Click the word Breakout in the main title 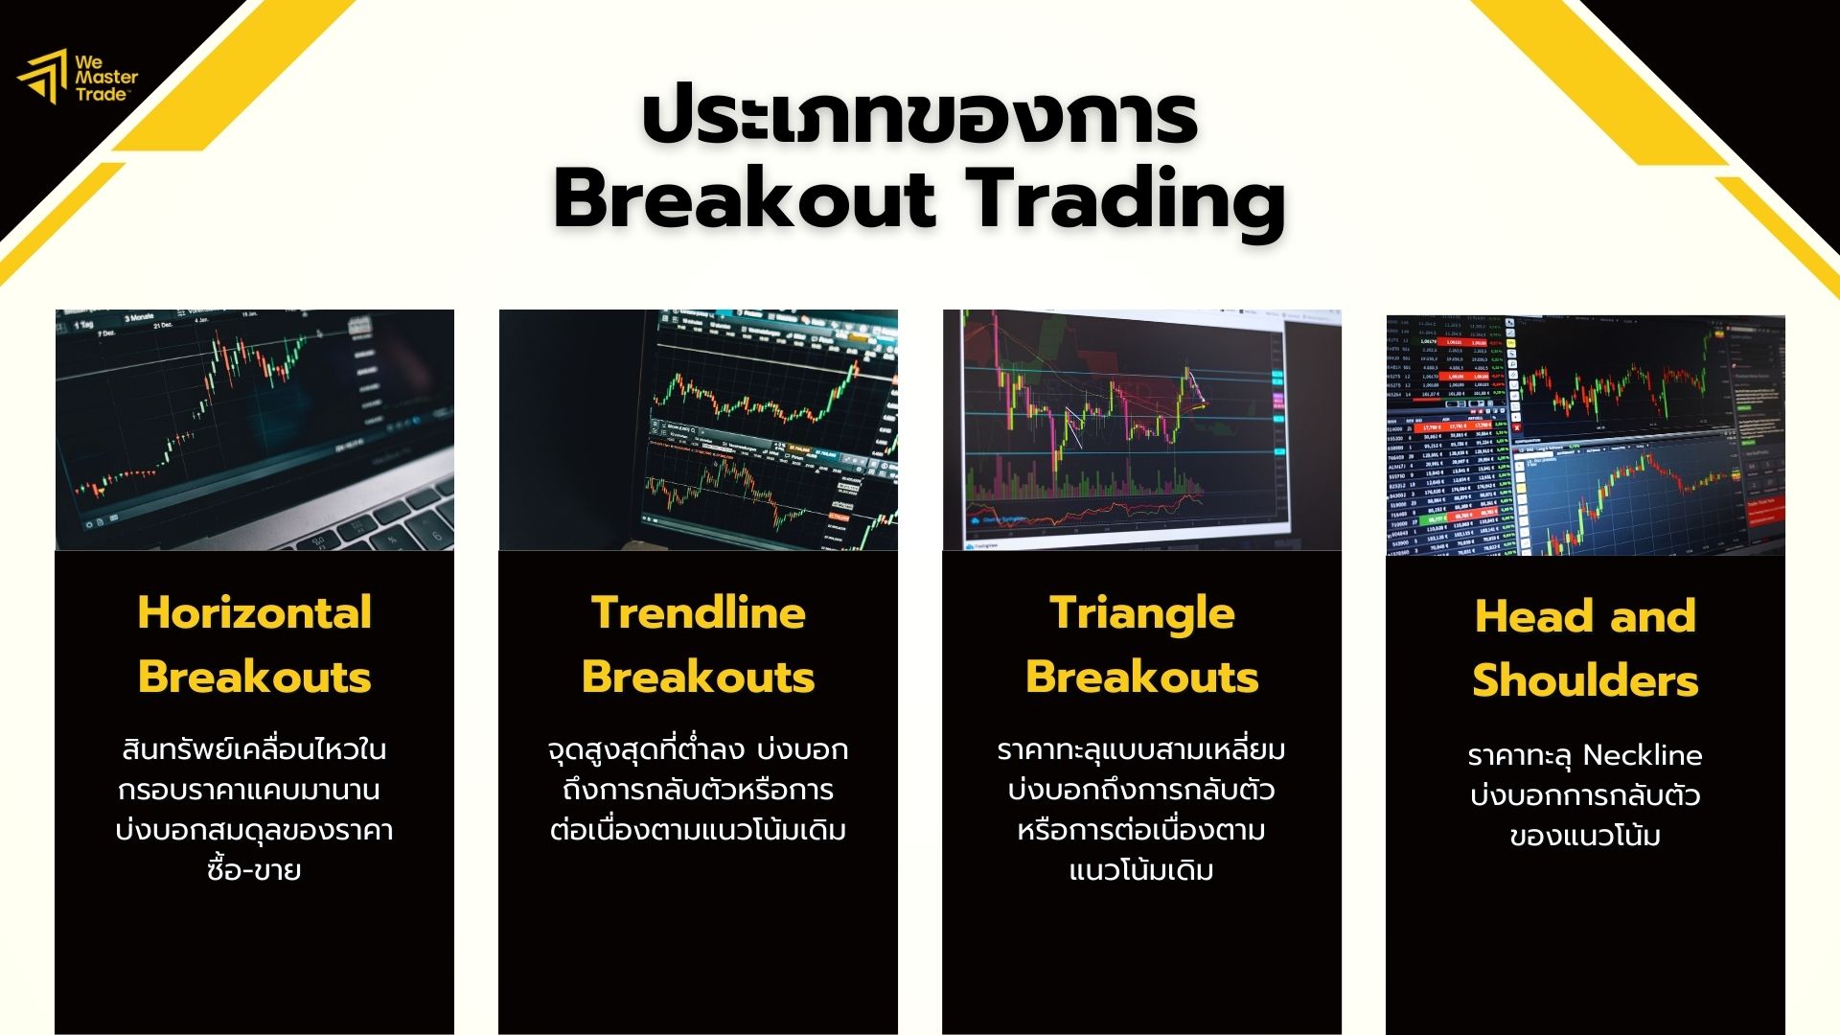click(x=744, y=200)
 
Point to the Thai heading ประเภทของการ click(x=919, y=118)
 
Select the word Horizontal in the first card click(x=254, y=613)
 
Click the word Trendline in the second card click(x=698, y=613)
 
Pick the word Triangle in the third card click(x=1141, y=613)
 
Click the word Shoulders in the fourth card click(x=1585, y=680)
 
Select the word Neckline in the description click(x=1642, y=755)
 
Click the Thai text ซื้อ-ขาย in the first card click(x=254, y=870)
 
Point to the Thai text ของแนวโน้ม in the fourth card click(x=1585, y=836)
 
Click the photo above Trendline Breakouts click(x=698, y=429)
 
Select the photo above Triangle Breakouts click(x=1141, y=429)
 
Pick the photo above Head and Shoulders click(x=1585, y=434)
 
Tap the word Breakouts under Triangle click(x=1141, y=678)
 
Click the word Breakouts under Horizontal click(x=254, y=678)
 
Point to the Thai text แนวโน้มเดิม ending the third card click(x=1141, y=870)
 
